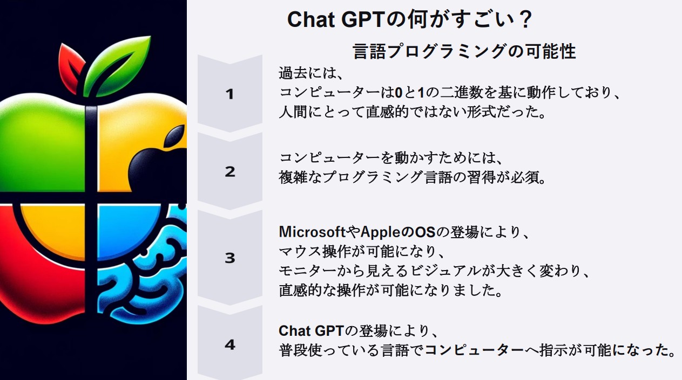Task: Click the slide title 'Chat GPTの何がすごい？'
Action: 409,19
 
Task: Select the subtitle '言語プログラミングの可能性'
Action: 464,51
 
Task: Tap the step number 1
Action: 229,94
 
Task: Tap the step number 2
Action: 230,172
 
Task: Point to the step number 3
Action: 230,258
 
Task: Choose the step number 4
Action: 230,344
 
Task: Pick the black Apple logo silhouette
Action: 158,161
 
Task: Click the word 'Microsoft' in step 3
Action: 312,232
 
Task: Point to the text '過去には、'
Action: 311,73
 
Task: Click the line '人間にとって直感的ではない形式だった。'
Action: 412,112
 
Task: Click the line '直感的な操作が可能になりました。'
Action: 390,290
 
